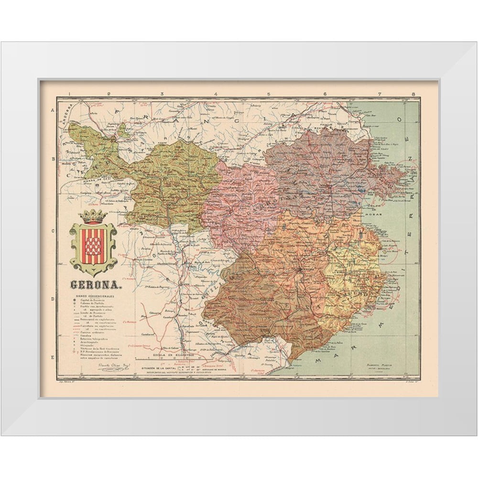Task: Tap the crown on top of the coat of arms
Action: point(94,216)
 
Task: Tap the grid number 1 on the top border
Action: point(70,94)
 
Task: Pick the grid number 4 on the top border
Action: point(217,94)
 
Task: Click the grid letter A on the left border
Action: point(52,110)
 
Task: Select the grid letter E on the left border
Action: point(52,357)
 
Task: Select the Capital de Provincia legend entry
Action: point(91,302)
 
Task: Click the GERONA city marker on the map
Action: point(300,270)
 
